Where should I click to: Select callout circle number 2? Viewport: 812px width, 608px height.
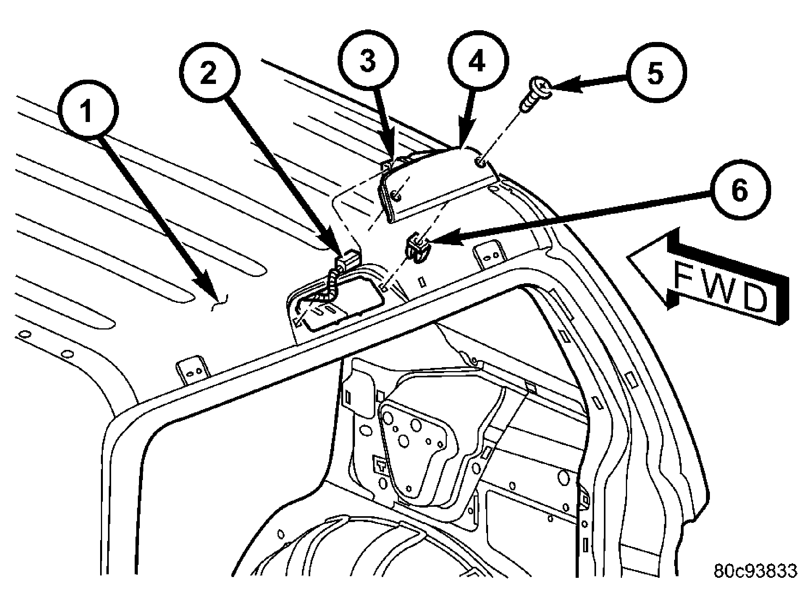point(209,73)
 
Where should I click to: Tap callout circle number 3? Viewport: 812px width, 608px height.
point(368,62)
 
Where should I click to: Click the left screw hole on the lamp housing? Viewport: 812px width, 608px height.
point(396,194)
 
